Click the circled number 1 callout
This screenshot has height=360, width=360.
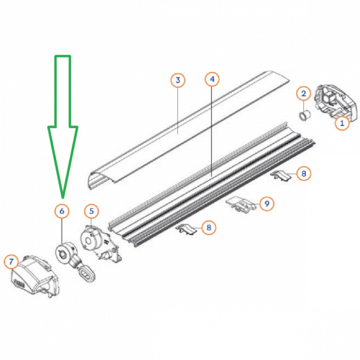(x=342, y=123)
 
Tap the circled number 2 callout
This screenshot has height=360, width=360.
(x=303, y=93)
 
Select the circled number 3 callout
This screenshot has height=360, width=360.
(x=178, y=80)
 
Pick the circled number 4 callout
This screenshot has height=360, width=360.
(x=212, y=79)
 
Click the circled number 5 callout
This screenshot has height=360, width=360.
(x=91, y=211)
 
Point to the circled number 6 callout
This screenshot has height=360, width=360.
(x=62, y=211)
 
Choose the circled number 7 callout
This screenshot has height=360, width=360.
(x=11, y=261)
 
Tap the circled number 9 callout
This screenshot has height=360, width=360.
(x=267, y=203)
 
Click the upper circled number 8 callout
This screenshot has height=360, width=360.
(x=303, y=173)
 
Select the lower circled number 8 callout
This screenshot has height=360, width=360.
(x=208, y=227)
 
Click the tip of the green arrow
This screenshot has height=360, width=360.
(x=62, y=197)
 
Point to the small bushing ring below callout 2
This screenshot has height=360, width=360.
(x=304, y=115)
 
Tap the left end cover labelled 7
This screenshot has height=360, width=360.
(x=35, y=275)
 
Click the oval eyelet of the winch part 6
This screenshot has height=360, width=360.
(x=87, y=273)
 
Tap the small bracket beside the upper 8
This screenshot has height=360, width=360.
(x=280, y=175)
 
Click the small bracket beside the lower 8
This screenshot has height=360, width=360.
(x=186, y=229)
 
